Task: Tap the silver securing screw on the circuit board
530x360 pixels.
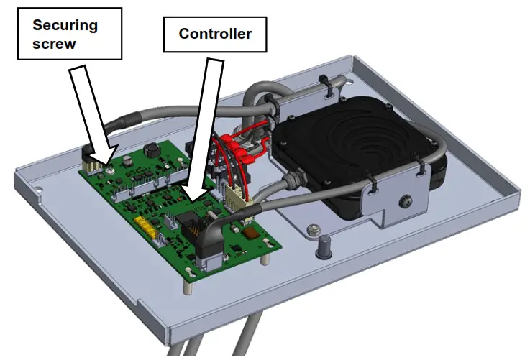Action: tap(109, 170)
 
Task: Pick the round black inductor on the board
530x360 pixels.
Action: tap(152, 151)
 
